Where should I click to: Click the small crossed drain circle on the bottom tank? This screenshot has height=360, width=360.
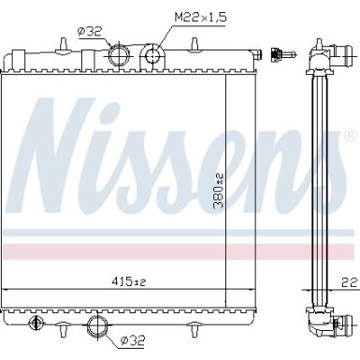(x=37, y=324)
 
